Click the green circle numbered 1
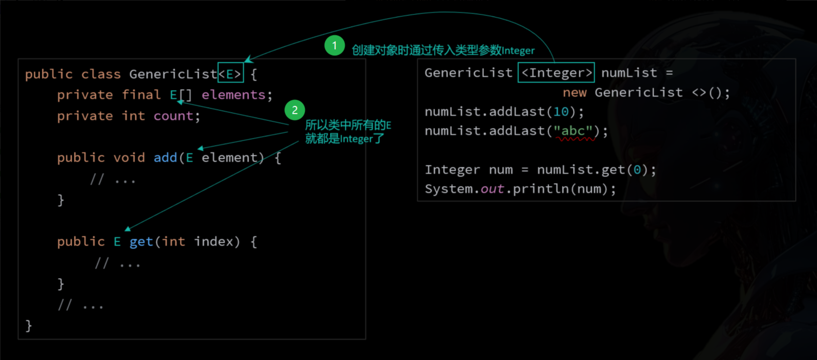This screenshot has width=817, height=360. pos(334,46)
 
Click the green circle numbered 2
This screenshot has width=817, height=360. pos(295,110)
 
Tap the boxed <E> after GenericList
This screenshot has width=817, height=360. pos(231,73)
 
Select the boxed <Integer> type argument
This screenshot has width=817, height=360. pos(556,72)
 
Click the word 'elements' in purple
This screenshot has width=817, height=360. pos(233,95)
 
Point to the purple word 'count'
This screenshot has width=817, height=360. pos(173,116)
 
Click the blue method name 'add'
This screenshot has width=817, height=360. pos(165,158)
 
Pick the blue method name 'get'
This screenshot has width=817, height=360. pos(141,242)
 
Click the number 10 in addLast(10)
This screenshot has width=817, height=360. pos(561,112)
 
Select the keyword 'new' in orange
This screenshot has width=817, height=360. pos(575,93)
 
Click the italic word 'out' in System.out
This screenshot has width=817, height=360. pos(492,189)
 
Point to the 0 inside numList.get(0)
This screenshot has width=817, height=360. pos(637,169)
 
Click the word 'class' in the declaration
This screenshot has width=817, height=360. pos(101,74)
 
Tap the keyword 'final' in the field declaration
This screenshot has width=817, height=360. pos(141,95)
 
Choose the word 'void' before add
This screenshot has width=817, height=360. pos(129,158)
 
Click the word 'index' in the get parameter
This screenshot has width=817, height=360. pos(213,241)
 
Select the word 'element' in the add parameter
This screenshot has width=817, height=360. pos(230,158)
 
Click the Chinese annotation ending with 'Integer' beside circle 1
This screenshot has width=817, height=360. pos(443,50)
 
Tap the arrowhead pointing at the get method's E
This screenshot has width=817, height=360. pos(128,229)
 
